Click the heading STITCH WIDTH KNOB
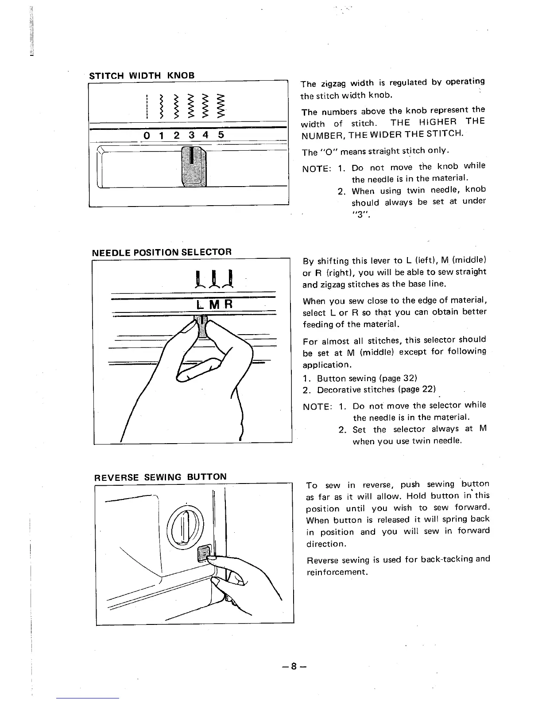click(x=142, y=75)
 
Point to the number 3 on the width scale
click(x=191, y=135)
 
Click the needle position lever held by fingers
click(x=202, y=326)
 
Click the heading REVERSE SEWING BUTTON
click(x=160, y=477)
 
